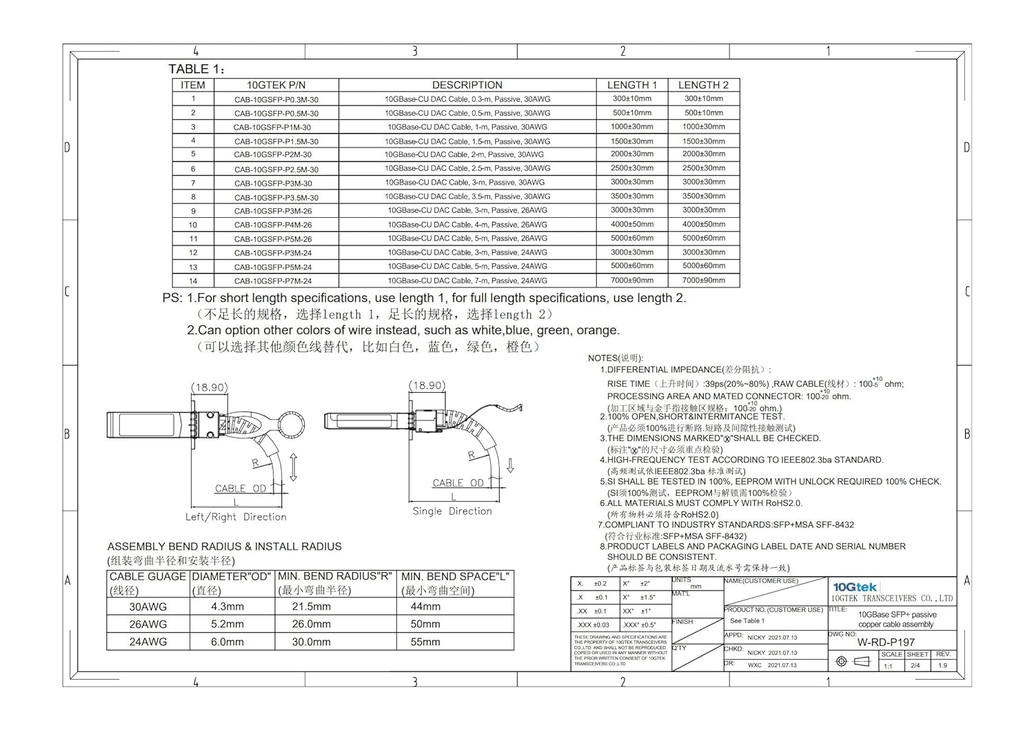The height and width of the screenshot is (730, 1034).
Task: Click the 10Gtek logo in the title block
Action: click(x=855, y=587)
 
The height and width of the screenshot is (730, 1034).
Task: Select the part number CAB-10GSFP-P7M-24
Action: click(x=273, y=281)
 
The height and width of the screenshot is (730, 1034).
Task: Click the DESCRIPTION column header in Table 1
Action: click(x=467, y=85)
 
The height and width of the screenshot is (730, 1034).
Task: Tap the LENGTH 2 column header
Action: click(x=703, y=85)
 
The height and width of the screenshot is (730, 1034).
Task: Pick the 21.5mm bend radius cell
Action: click(x=312, y=607)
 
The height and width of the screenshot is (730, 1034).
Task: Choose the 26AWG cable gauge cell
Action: click(x=148, y=624)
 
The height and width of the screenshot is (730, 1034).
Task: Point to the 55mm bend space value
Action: click(x=425, y=642)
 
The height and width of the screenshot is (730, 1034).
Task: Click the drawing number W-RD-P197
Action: click(x=886, y=642)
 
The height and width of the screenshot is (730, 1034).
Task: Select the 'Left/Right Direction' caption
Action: click(x=236, y=517)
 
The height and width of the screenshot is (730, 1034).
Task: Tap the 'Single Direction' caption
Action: click(x=452, y=511)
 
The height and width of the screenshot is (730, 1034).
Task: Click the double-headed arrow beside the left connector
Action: click(x=294, y=467)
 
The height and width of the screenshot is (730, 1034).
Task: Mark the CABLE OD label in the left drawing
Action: click(x=241, y=489)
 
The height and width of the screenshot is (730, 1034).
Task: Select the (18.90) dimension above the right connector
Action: click(x=427, y=385)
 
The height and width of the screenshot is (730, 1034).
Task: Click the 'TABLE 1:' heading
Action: click(x=197, y=69)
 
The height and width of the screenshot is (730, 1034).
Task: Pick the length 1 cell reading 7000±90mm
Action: click(x=632, y=281)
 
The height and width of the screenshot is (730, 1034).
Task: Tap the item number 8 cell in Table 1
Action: click(x=193, y=197)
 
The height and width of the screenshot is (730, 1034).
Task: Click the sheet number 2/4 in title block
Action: click(x=915, y=666)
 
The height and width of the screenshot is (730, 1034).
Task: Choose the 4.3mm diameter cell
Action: click(x=227, y=607)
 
